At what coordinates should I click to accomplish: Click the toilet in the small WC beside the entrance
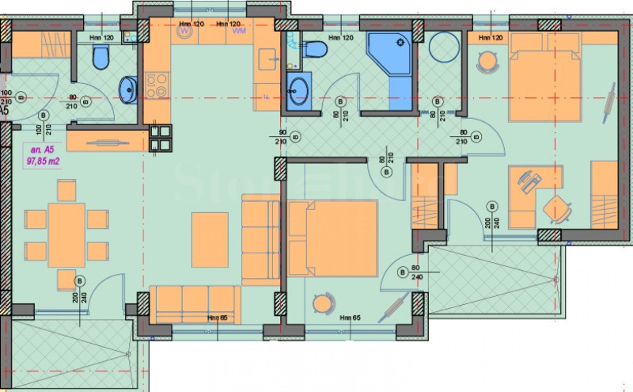(x=100, y=57)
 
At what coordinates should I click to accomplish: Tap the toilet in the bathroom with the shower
(x=316, y=50)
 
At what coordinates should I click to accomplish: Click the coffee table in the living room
(x=210, y=238)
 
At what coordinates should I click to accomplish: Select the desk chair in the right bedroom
(x=555, y=209)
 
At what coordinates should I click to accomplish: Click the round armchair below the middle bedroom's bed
(x=324, y=304)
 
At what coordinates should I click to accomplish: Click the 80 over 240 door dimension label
(x=417, y=273)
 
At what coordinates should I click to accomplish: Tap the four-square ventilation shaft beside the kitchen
(x=160, y=138)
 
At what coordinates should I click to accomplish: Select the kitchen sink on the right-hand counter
(x=268, y=60)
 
